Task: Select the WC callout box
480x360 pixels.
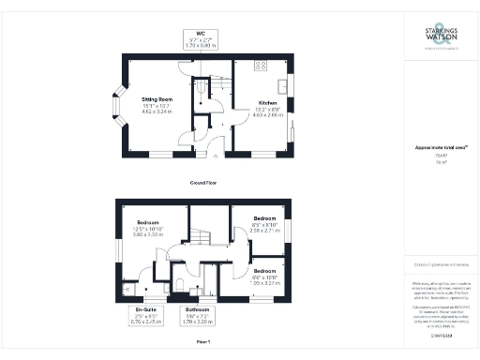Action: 202,39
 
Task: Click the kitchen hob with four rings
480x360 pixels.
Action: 260,66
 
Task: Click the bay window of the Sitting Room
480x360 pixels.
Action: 118,107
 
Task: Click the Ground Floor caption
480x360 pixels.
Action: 203,183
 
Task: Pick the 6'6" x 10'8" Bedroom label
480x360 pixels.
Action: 265,275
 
